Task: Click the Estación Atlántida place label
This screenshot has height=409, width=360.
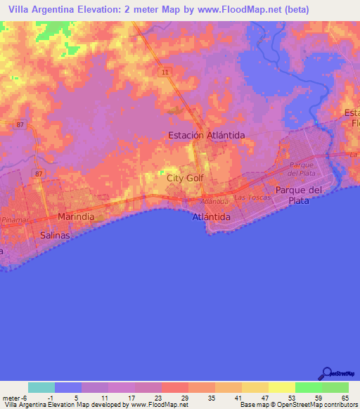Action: (206, 135)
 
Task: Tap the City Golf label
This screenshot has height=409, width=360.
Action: (185, 178)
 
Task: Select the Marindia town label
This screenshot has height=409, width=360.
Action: (76, 217)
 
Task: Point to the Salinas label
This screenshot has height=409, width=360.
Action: (56, 235)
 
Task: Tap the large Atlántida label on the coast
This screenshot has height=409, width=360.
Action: (212, 218)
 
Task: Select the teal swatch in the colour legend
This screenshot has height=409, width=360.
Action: (41, 387)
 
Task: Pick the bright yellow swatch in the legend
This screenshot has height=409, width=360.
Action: (282, 387)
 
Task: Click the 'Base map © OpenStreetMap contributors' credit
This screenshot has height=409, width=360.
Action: (299, 405)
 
